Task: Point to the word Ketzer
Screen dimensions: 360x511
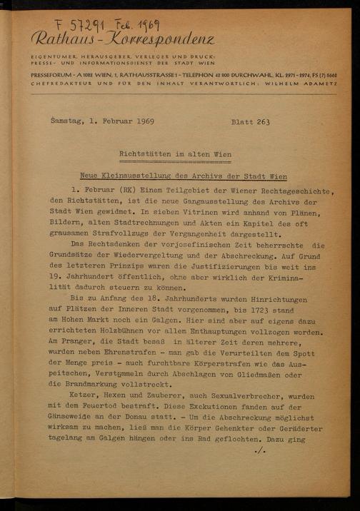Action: click(84, 396)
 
